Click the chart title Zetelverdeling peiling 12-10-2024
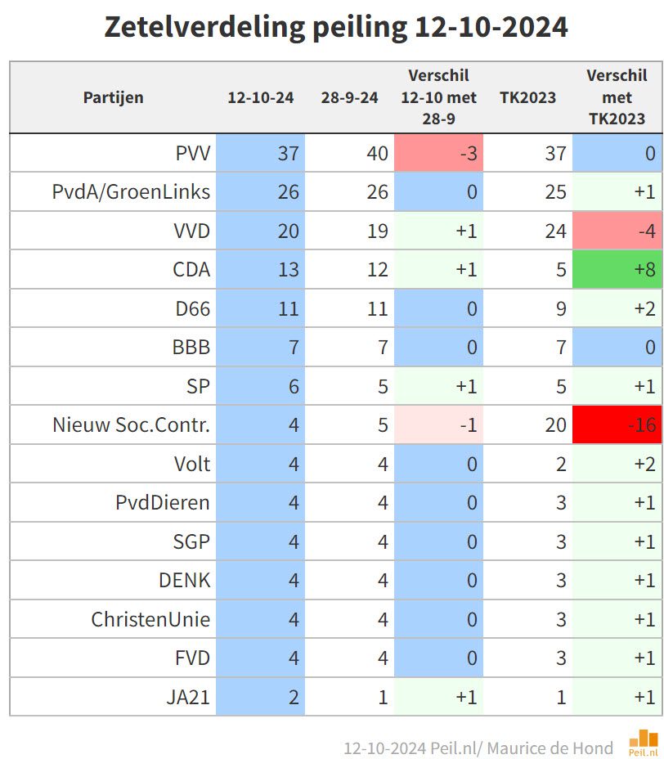[335, 28]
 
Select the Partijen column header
[113, 97]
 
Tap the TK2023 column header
[527, 97]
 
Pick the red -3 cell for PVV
[438, 153]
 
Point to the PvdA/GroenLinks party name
[131, 192]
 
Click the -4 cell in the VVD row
[617, 231]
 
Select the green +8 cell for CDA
[617, 270]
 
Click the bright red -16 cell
[617, 425]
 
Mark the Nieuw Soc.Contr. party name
[131, 425]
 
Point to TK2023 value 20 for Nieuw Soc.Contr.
[556, 425]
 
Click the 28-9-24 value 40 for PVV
[377, 153]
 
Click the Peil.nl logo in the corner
[644, 743]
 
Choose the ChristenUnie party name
[150, 619]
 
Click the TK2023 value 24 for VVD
[556, 231]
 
